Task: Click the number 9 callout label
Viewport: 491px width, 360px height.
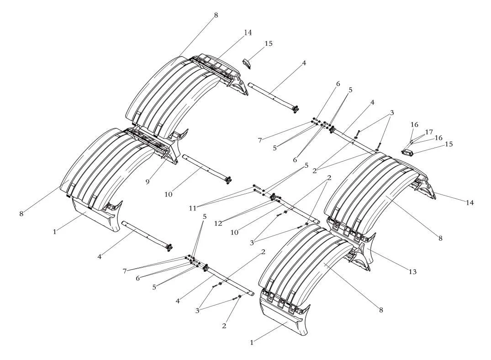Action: coord(147,181)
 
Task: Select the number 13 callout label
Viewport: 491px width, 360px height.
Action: coord(413,272)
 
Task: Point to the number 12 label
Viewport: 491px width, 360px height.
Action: coord(218,223)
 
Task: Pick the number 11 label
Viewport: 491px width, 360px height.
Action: coord(193,208)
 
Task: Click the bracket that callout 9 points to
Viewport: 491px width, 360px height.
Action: coord(169,154)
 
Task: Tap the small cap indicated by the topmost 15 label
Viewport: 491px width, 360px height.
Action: coord(248,64)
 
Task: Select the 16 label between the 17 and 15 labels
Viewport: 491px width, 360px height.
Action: coord(438,138)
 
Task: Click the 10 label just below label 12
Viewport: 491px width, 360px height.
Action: coord(234,232)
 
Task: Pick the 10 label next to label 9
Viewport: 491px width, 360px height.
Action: coord(168,194)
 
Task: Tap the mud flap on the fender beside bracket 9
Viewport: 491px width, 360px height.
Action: coord(95,216)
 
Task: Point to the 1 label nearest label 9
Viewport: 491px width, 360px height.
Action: coord(55,232)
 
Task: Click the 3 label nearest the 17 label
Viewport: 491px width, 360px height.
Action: coord(392,113)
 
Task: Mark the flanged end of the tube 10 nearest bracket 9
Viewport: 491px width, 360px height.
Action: coord(228,180)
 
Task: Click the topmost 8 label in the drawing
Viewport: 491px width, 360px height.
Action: coord(216,15)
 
